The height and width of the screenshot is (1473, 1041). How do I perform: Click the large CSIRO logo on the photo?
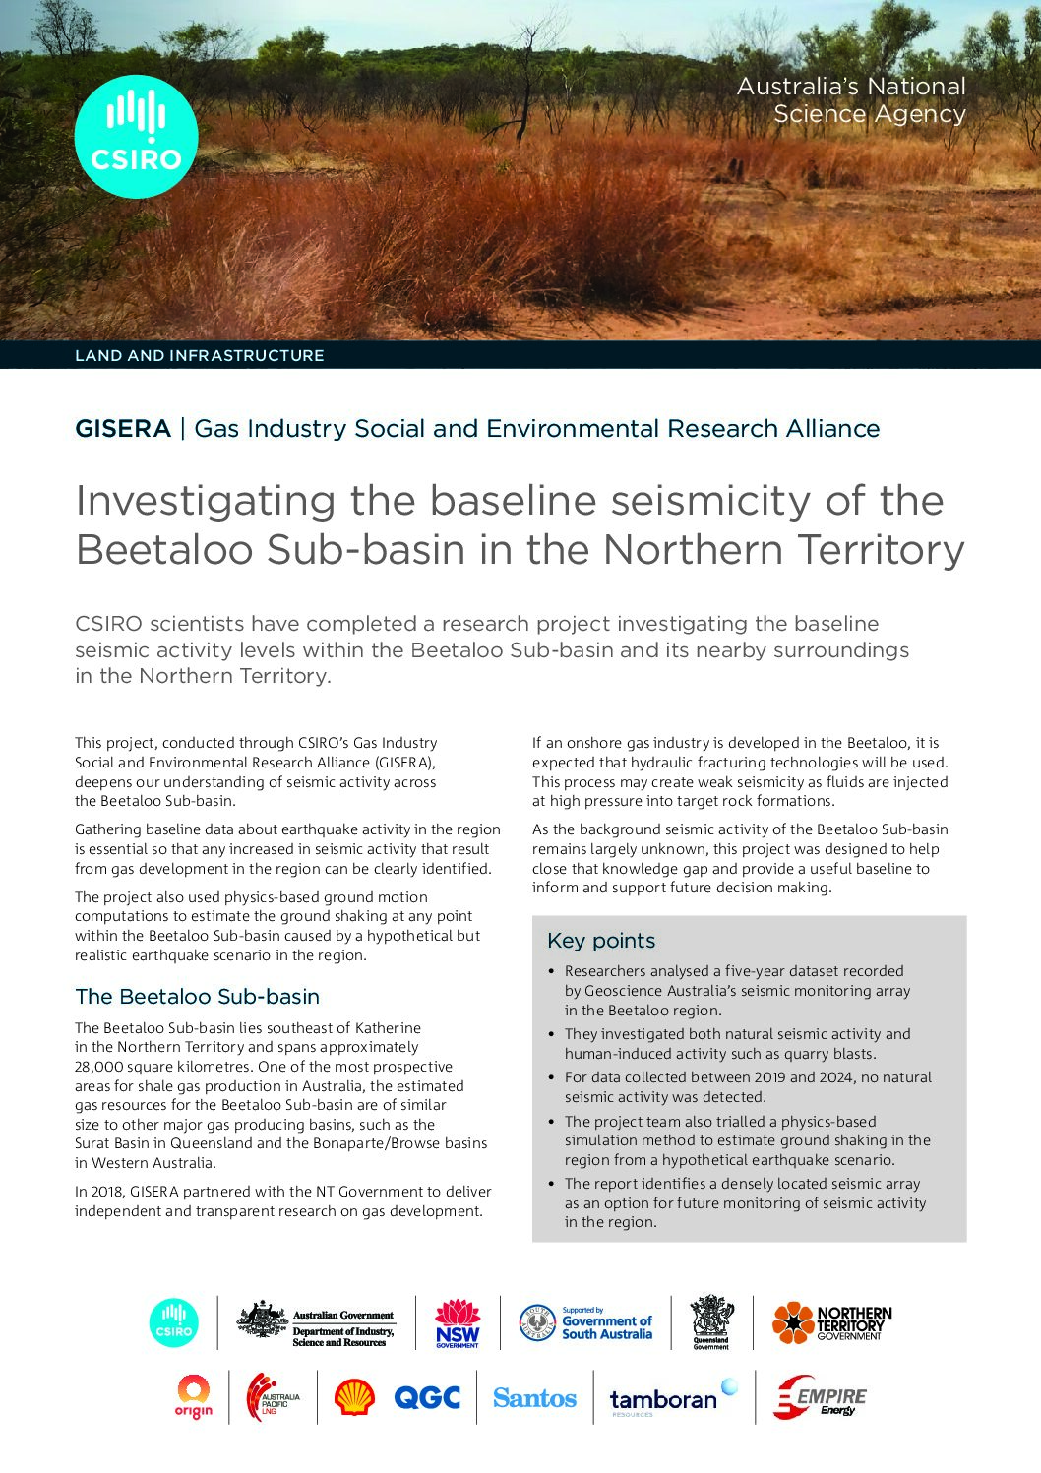click(136, 136)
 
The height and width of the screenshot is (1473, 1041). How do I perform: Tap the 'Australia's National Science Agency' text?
click(851, 100)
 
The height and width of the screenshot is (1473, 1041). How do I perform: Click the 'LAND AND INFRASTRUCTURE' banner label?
click(199, 355)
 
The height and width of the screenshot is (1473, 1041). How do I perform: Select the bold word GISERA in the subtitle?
click(123, 429)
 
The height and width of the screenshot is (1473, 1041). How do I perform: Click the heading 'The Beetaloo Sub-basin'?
click(197, 997)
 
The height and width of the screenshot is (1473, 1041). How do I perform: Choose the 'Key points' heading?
click(600, 941)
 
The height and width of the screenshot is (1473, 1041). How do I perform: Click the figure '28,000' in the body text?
click(102, 1067)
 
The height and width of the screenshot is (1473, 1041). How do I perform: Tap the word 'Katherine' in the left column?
click(388, 1028)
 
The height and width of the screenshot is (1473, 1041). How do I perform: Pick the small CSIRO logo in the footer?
click(173, 1322)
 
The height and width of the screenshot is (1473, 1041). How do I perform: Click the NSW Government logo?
click(458, 1322)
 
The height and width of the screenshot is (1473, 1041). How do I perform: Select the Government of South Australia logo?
click(586, 1322)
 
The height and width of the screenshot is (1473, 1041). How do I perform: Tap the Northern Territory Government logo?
click(832, 1322)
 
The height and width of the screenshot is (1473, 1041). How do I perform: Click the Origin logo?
click(194, 1397)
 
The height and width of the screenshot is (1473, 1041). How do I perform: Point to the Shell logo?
click(354, 1397)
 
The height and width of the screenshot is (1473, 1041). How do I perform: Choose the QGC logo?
click(427, 1397)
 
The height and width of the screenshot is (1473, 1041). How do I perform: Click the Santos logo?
click(534, 1397)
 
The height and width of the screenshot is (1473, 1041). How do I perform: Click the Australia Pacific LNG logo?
click(273, 1397)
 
